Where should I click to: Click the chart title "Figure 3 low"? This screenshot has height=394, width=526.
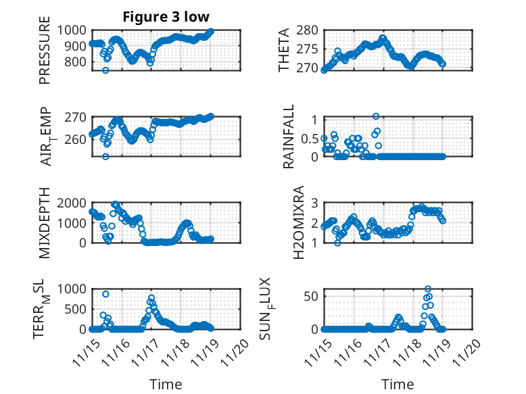[166, 17]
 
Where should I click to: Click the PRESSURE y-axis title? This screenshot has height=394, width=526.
[45, 55]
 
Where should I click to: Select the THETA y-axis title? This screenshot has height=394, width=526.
[285, 50]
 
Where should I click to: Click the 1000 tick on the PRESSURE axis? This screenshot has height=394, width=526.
[73, 30]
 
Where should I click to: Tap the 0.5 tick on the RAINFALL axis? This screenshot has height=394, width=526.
[308, 138]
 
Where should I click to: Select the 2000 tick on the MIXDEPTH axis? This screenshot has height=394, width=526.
[73, 203]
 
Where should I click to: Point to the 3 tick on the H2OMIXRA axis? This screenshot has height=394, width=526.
[314, 203]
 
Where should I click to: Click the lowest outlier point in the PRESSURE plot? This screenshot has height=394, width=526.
[105, 70]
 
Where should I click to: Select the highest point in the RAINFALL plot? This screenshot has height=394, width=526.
[376, 116]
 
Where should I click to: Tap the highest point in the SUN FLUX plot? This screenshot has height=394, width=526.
[428, 289]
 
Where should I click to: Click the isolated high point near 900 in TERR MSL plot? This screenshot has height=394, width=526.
[105, 294]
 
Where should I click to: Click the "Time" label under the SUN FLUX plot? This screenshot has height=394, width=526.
[398, 385]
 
